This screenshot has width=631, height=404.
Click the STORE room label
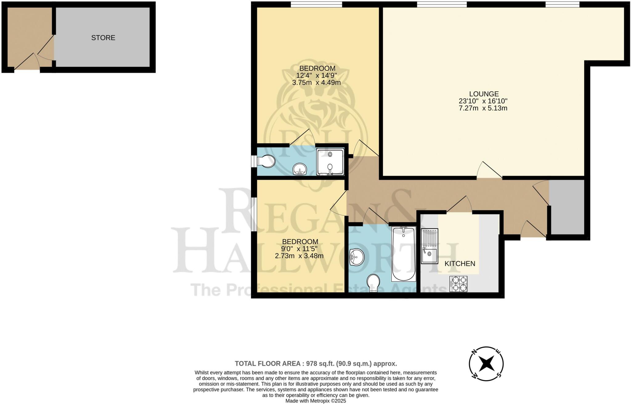pos(103,38)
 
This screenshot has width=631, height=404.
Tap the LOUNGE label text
pos(484,94)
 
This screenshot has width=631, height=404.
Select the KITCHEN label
pos(460,264)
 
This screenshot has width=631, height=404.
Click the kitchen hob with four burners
pos(458,284)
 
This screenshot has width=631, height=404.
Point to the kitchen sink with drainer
pos(429,246)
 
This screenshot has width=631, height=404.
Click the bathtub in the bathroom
pos(404,254)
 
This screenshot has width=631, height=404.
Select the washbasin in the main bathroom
pos(356,257)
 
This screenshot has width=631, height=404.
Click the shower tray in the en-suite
pos(330,162)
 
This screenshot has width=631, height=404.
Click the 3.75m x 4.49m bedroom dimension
pos(316,83)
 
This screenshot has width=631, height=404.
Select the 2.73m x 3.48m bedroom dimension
pos(299,256)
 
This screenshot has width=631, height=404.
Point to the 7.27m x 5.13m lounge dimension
pos(483,108)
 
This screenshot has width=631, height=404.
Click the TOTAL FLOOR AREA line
pos(315,364)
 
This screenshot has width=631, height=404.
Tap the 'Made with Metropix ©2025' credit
pos(315,401)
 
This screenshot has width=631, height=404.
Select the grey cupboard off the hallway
pos(567,207)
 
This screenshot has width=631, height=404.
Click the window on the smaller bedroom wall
pos(254,214)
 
